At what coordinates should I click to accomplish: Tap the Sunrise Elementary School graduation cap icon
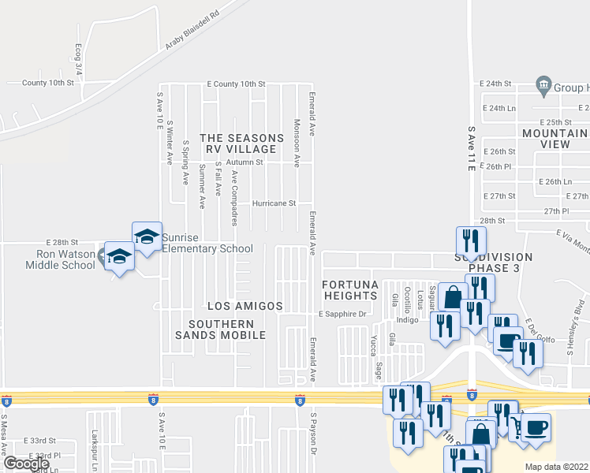click(147, 237)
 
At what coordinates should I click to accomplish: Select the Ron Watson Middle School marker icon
click(119, 258)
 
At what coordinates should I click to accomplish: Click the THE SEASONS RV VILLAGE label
click(241, 143)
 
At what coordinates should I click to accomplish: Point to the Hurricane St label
click(274, 203)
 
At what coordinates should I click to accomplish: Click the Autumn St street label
click(245, 162)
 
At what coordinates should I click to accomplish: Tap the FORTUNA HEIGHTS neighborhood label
click(350, 289)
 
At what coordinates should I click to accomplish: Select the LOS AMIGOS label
click(245, 305)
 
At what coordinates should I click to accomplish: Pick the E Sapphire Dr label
click(343, 314)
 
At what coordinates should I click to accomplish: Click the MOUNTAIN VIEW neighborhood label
click(556, 139)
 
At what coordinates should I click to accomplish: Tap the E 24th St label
click(496, 83)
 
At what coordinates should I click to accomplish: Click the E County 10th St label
click(236, 83)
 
